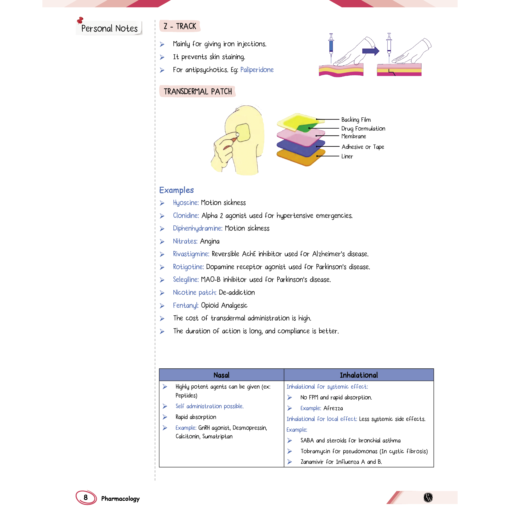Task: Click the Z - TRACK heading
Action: click(180, 26)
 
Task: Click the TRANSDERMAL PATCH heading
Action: click(198, 92)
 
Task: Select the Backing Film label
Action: click(356, 119)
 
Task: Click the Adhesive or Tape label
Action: click(363, 147)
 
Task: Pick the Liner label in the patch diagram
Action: click(347, 156)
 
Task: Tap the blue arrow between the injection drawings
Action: click(371, 51)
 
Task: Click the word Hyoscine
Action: click(185, 202)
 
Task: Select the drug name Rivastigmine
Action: click(191, 254)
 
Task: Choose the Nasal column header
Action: click(221, 375)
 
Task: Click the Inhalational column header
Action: click(359, 375)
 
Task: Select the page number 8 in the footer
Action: click(86, 497)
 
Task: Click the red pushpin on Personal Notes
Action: click(80, 20)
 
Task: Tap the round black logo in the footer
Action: click(428, 497)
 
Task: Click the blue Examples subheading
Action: click(176, 190)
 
